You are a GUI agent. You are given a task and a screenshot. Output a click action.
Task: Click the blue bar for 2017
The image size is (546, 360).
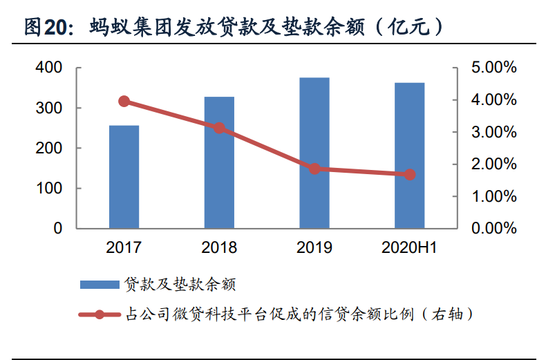point(124,177)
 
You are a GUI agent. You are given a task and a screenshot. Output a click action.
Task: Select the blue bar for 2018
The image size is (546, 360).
point(219,162)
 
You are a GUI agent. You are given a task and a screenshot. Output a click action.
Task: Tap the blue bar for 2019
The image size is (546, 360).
point(314,153)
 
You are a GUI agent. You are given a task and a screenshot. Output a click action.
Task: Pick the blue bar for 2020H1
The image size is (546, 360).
point(410,155)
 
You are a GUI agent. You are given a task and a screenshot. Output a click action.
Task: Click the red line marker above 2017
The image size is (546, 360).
point(124,102)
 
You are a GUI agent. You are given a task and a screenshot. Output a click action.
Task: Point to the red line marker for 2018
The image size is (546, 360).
point(219,128)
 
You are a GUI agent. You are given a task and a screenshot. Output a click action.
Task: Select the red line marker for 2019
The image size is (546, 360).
point(314,169)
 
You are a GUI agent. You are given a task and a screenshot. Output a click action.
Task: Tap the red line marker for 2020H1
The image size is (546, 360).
point(410,175)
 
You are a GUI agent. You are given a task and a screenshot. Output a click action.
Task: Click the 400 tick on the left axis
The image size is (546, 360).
point(48,68)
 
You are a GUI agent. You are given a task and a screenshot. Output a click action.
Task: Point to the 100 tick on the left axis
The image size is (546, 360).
point(48,188)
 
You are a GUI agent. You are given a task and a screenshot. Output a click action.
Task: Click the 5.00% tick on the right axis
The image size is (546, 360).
point(493,68)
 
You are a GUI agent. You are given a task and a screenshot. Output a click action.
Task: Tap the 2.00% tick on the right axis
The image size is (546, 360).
point(493,164)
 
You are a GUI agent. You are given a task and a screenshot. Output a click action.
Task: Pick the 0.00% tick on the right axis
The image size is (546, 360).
point(493,228)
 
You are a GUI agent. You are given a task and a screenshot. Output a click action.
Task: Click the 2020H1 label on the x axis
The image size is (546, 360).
point(410,247)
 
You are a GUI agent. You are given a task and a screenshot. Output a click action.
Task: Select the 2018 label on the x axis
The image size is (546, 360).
point(219,247)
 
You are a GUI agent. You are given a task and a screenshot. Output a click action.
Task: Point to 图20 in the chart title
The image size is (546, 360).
point(48,27)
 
